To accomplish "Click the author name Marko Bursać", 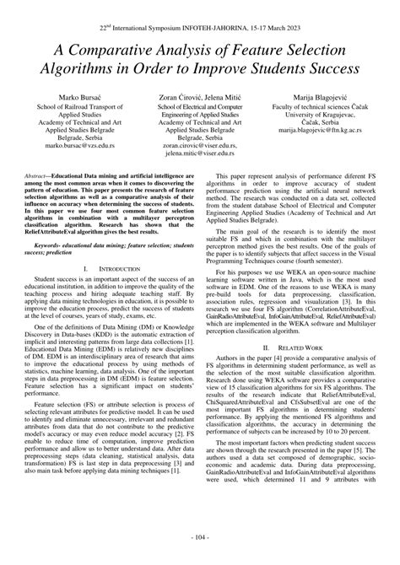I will [67, 98].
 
